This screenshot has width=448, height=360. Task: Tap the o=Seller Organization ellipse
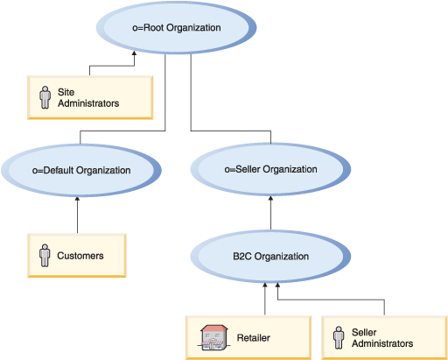[270, 169]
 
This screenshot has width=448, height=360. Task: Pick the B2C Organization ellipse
[270, 257]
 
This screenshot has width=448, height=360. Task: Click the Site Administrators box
[88, 97]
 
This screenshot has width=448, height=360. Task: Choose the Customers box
[78, 256]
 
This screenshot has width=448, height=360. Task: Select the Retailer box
[248, 336]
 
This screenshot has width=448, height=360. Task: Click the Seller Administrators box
[384, 337]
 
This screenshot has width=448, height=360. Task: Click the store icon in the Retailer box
[213, 336]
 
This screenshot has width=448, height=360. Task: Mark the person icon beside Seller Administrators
[339, 337]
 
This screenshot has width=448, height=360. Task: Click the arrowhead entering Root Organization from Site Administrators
[134, 54]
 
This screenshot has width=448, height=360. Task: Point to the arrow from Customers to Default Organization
[78, 215]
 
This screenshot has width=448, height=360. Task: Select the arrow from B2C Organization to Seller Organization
[270, 215]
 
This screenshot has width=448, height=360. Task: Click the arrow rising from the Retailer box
[264, 298]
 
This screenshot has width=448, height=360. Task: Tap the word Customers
[80, 256]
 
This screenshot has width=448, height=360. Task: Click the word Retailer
[255, 336]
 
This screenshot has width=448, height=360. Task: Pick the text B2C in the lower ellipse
[243, 257]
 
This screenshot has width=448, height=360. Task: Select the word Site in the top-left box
[66, 91]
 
